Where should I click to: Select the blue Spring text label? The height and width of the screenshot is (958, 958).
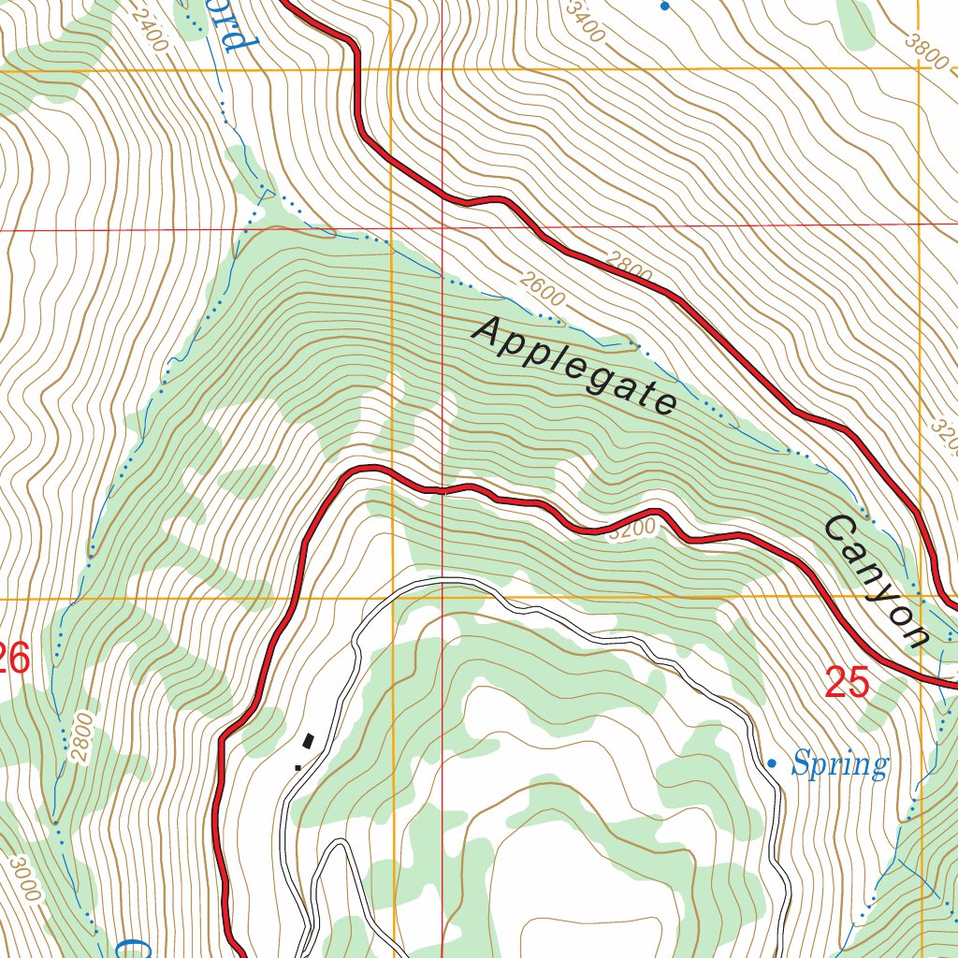tap(839, 765)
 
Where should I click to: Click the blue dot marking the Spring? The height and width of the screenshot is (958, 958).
tap(772, 763)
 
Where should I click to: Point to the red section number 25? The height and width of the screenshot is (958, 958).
tap(847, 683)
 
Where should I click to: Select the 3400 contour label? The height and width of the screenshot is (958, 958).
tap(588, 22)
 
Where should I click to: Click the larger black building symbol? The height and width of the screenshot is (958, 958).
tap(308, 742)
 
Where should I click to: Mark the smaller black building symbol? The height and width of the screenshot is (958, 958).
tap(298, 766)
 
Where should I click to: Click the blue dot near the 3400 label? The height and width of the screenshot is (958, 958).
tap(664, 7)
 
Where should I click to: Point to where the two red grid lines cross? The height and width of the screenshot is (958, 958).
tap(443, 226)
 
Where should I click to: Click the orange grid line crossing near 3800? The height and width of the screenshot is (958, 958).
tap(920, 68)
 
